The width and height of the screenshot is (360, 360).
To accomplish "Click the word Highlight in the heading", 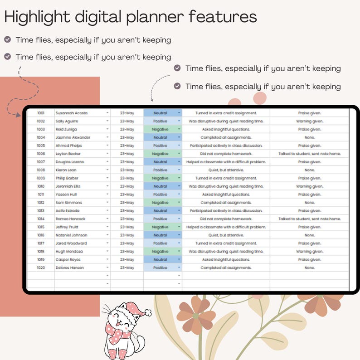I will [x=35, y=17].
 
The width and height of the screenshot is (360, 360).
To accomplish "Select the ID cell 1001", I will [x=41, y=113].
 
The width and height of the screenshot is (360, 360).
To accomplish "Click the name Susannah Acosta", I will [x=71, y=113].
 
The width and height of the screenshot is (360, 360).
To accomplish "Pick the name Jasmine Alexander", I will [x=73, y=137].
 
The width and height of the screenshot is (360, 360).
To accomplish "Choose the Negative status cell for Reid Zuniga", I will [x=160, y=129].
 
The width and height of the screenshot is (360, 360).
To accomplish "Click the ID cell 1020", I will [x=41, y=268].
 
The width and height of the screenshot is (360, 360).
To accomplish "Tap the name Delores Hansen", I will [x=69, y=268].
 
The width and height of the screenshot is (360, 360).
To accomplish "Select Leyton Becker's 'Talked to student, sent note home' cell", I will [x=309, y=154].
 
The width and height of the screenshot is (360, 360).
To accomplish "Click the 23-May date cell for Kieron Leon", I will [x=127, y=170].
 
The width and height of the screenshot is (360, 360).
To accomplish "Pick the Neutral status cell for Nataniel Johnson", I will [x=160, y=235].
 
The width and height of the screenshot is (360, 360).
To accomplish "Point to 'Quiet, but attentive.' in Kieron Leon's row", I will [x=226, y=170].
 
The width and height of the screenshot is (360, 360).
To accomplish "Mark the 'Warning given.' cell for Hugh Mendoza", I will [x=309, y=252].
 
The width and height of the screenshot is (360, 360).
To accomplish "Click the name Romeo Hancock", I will [x=70, y=219].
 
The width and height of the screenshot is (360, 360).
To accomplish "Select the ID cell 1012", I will [x=41, y=203].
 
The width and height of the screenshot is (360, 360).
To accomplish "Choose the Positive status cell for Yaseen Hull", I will [x=160, y=195].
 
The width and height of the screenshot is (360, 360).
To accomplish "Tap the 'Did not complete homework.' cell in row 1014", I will [x=226, y=219].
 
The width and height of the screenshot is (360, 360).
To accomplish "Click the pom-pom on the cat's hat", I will [x=147, y=312].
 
